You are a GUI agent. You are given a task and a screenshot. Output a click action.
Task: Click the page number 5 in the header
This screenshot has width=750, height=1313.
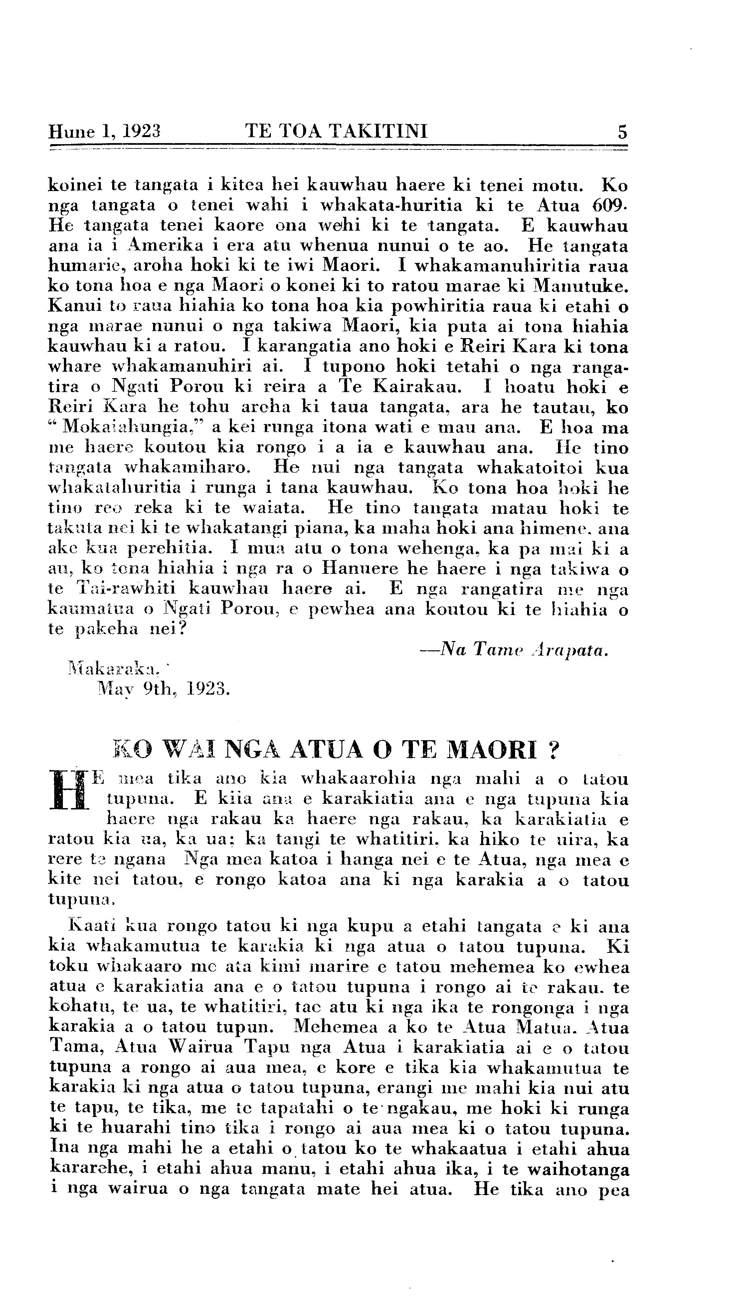pos(622,132)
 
